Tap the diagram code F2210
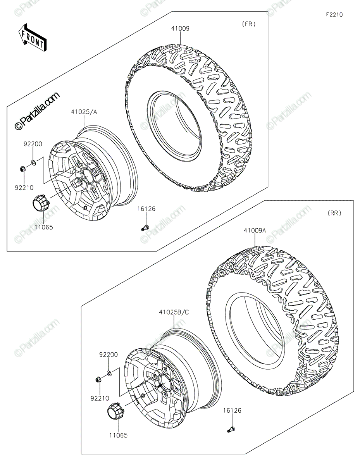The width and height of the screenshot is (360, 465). click(x=334, y=15)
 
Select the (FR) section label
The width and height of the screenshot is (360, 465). click(x=249, y=24)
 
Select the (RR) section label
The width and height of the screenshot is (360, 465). click(x=334, y=213)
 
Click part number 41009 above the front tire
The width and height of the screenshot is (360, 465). click(x=180, y=28)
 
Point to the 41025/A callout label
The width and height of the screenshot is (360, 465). click(x=84, y=112)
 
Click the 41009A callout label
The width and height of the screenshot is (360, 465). click(x=255, y=230)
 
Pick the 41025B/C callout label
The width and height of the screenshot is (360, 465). click(x=174, y=312)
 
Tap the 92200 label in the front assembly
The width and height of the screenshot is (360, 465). click(x=33, y=144)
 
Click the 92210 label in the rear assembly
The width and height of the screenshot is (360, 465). click(x=100, y=398)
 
